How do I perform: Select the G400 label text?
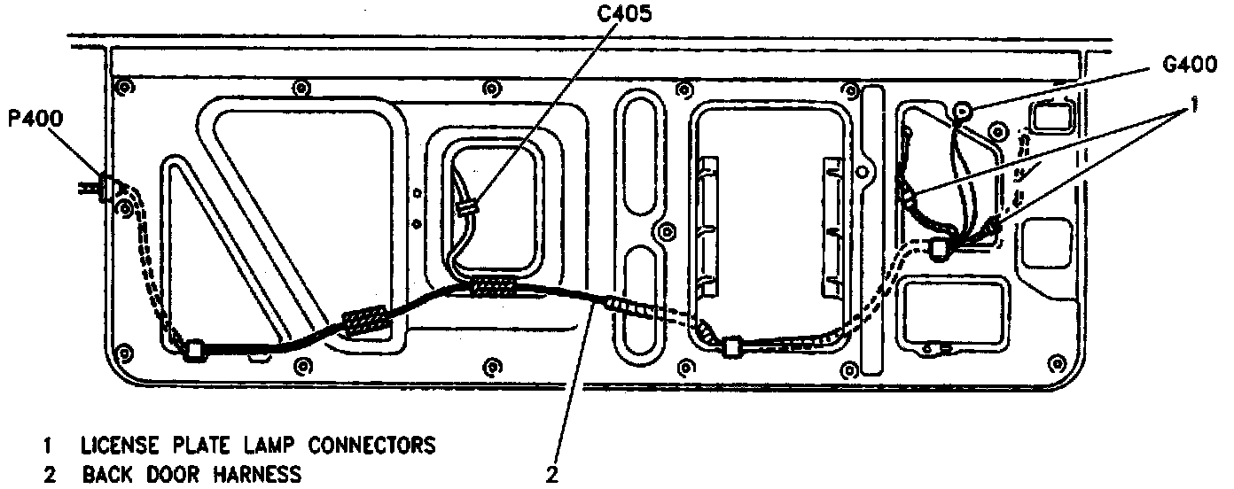(1189, 66)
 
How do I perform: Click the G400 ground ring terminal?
(963, 111)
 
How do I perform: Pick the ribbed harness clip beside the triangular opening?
(363, 320)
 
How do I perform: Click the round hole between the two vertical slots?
(658, 229)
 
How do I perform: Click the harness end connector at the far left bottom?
(194, 351)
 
